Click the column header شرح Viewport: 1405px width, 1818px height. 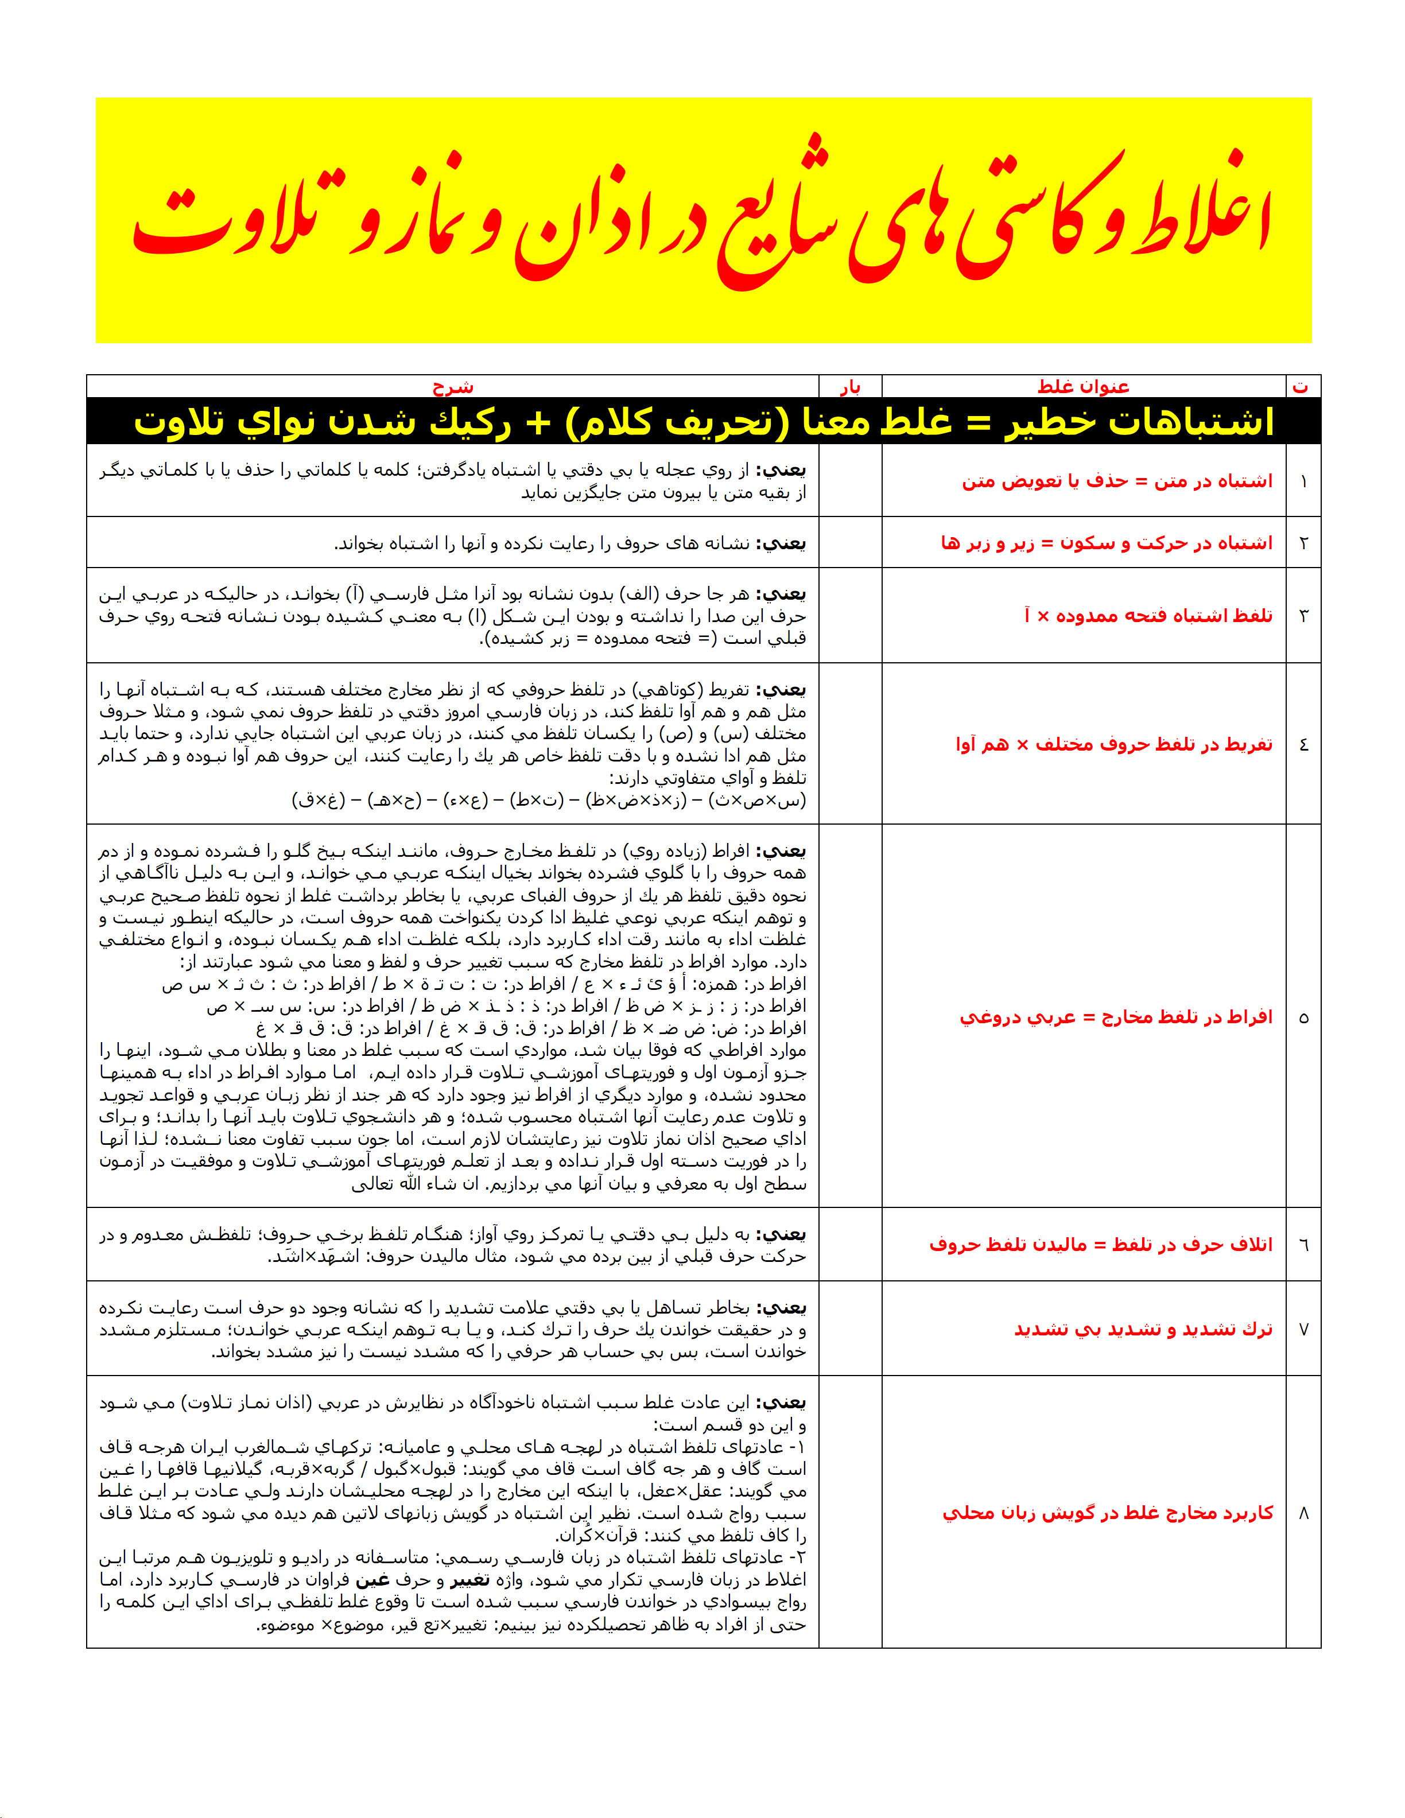pos(453,387)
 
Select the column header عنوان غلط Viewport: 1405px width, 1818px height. pos(1083,387)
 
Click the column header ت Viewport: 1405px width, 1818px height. pos(1301,387)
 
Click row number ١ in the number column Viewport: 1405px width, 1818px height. pos(1303,482)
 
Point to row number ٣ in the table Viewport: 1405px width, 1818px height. pos(1303,616)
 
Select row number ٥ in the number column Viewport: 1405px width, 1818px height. pos(1303,1017)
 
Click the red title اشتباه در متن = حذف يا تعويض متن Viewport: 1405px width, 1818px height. pos(1117,482)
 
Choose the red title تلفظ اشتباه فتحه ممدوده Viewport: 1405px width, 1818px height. pos(1148,616)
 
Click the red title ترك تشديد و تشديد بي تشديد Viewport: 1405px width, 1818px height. pos(1143,1330)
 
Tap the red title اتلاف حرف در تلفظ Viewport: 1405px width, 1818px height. pos(1100,1245)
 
